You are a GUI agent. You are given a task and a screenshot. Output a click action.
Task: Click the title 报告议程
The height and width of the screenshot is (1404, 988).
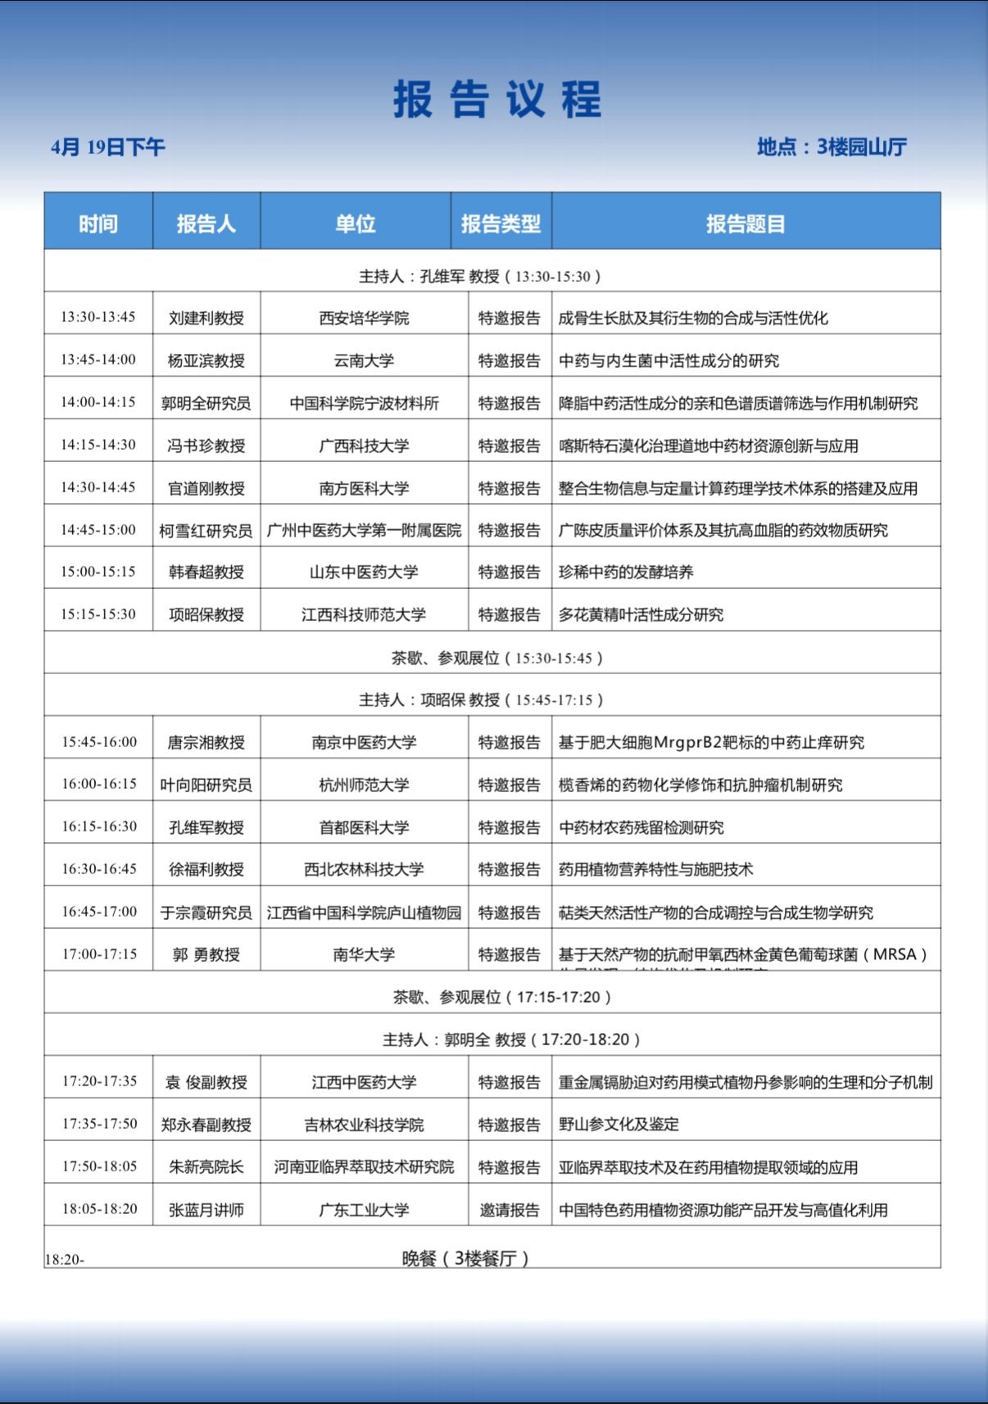(x=497, y=100)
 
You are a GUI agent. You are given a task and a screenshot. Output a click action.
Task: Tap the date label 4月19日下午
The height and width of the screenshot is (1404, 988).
(x=108, y=147)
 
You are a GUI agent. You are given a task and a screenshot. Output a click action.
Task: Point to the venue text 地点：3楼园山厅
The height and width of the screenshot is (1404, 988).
(x=832, y=147)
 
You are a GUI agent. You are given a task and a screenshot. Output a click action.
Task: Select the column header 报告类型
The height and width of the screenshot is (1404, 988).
(x=501, y=224)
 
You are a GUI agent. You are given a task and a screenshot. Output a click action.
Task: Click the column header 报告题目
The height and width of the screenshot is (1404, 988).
(x=746, y=224)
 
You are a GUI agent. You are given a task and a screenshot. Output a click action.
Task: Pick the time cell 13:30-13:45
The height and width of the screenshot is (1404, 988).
(x=98, y=317)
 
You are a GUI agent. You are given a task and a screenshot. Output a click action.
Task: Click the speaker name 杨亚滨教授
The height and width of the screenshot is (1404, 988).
(x=206, y=360)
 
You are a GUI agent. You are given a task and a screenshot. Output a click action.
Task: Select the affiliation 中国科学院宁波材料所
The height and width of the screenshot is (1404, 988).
(x=364, y=403)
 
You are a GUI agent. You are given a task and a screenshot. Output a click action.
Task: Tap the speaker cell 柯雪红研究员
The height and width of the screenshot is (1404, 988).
(x=206, y=531)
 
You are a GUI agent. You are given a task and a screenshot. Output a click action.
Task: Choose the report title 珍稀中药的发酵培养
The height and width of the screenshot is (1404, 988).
(x=626, y=572)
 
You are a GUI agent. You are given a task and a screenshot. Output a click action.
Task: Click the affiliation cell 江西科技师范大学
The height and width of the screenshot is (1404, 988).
(x=364, y=614)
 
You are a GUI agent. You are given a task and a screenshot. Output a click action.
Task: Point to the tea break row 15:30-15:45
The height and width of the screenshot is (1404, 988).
(x=496, y=658)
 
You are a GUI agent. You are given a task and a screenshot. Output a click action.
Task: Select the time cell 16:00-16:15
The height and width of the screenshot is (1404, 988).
(x=99, y=784)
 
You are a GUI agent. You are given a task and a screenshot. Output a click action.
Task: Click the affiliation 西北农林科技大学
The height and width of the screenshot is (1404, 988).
(x=364, y=869)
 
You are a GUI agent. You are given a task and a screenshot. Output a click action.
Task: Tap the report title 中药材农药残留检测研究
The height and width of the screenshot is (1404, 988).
(x=641, y=827)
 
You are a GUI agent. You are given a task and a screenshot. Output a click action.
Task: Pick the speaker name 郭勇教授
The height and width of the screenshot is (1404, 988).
(x=206, y=954)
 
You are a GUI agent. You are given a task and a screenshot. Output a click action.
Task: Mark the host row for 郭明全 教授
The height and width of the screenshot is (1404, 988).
(x=511, y=1039)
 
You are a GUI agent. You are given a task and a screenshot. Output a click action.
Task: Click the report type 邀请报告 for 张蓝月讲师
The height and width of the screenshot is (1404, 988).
(x=510, y=1210)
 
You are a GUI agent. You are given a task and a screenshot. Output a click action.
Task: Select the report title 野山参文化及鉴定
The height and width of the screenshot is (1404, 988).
(x=619, y=1125)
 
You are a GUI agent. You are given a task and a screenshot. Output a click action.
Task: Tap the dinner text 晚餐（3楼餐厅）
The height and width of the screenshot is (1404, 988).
(x=465, y=1258)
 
